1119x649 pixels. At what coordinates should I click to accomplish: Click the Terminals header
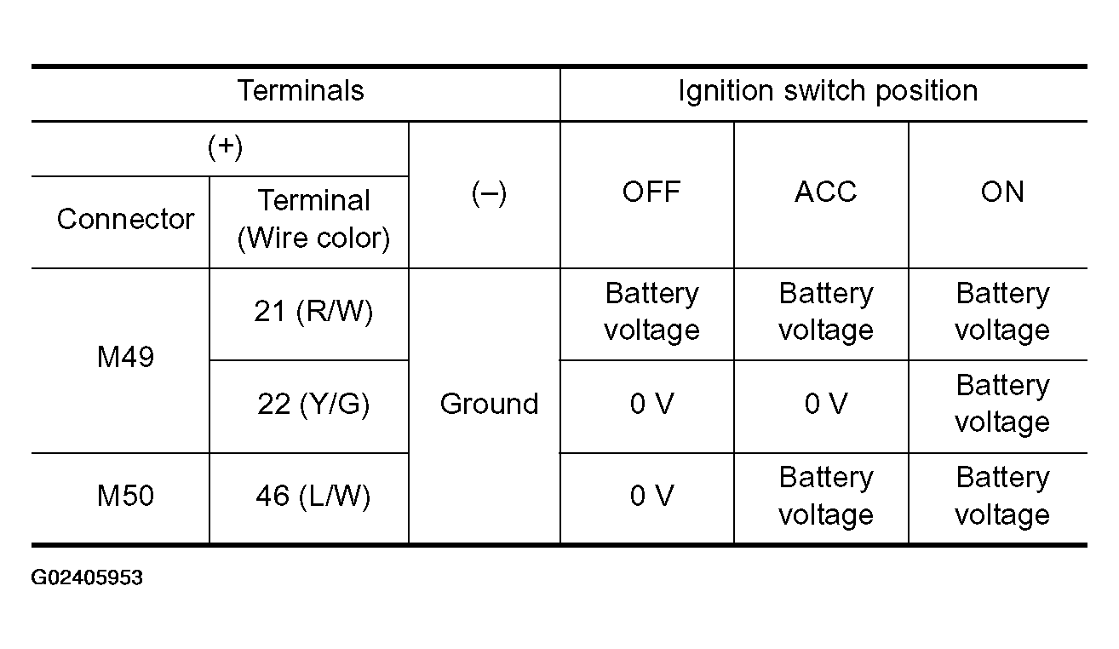click(301, 91)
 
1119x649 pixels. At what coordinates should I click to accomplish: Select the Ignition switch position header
click(828, 92)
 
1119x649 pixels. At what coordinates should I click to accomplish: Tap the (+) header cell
click(226, 147)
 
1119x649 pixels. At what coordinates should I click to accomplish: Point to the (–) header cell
click(489, 194)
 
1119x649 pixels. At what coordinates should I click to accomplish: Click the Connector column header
click(125, 219)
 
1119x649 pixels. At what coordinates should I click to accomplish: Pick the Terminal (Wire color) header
click(313, 219)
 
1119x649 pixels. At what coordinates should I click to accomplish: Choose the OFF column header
click(651, 192)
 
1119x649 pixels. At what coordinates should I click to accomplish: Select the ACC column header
click(826, 192)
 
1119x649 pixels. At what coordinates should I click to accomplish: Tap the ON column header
click(1002, 192)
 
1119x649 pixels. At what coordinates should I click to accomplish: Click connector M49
click(125, 357)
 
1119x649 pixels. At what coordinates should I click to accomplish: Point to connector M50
click(125, 496)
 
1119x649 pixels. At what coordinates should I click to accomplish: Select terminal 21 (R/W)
click(313, 312)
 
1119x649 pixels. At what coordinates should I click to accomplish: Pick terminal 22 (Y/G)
click(313, 405)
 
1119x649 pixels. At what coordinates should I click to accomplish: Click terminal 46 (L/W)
click(313, 497)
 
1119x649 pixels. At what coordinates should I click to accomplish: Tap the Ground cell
click(489, 404)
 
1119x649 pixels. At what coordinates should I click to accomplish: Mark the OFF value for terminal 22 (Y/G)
click(652, 404)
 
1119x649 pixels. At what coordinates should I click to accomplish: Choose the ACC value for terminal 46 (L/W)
click(826, 496)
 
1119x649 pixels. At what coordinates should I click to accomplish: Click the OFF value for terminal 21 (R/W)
click(652, 312)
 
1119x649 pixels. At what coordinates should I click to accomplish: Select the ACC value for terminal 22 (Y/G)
click(826, 404)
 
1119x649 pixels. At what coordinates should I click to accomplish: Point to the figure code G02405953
click(87, 577)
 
